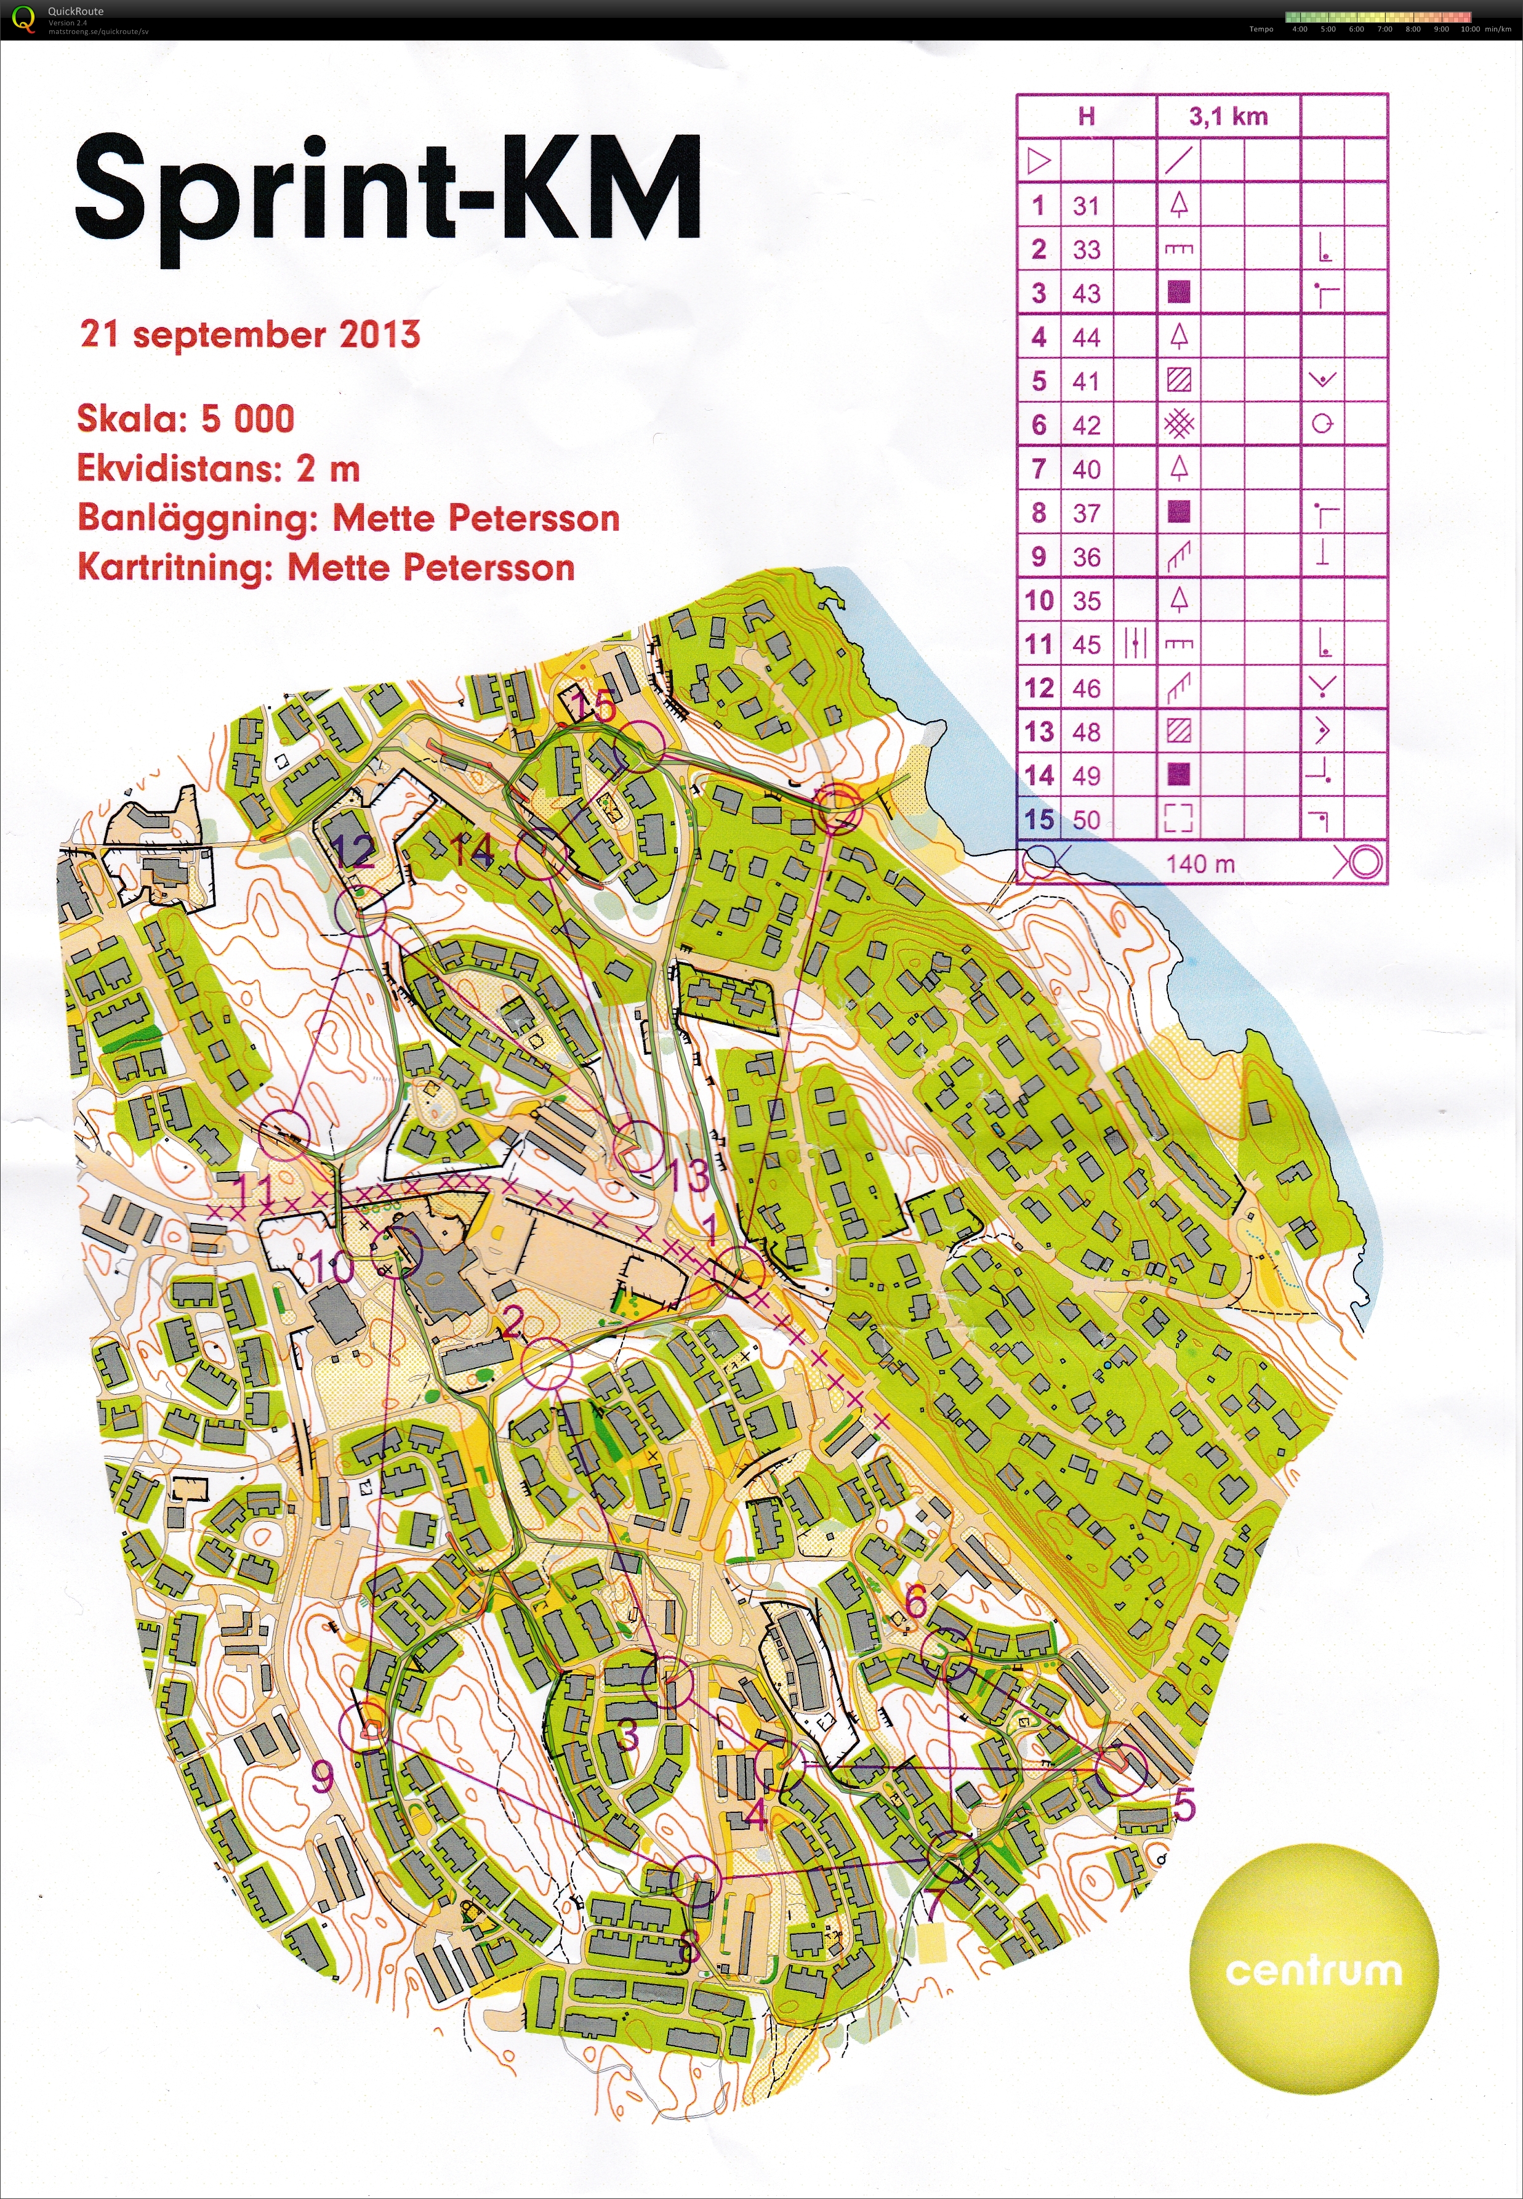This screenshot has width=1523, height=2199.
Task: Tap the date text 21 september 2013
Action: click(x=250, y=335)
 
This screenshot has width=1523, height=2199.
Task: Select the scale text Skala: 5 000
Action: click(x=186, y=419)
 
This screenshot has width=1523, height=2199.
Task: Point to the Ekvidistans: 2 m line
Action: click(x=219, y=469)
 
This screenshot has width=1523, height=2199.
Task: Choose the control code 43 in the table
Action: click(x=1086, y=293)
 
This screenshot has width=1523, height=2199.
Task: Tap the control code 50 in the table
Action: click(x=1086, y=820)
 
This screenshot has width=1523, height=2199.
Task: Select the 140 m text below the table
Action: click(x=1200, y=864)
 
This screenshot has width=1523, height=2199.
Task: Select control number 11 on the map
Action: click(x=255, y=1191)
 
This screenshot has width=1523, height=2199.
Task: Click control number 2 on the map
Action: click(x=512, y=1322)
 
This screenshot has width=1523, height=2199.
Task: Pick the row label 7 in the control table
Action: click(x=1039, y=469)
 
